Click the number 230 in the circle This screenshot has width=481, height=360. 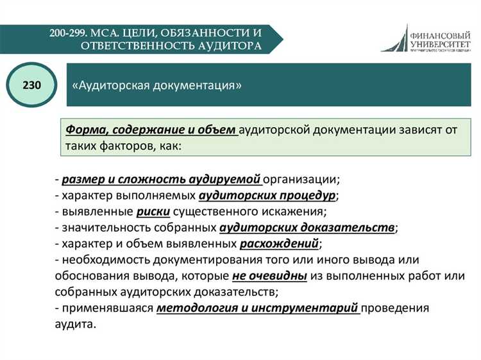pos(31,85)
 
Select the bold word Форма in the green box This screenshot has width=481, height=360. pos(84,130)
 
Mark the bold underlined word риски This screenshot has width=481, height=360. pos(152,211)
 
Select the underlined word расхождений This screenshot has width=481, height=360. pos(279,243)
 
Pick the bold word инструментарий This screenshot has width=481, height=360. pos(313,308)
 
